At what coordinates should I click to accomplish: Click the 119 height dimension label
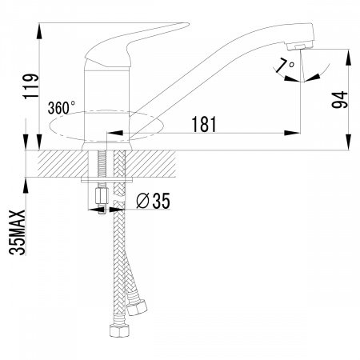[x=31, y=86]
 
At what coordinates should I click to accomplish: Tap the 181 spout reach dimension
[x=204, y=124]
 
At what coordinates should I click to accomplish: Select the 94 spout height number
[x=339, y=100]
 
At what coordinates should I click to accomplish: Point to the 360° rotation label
[x=62, y=108]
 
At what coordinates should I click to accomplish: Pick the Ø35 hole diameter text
[x=153, y=201]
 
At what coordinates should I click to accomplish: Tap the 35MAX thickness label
[x=18, y=232]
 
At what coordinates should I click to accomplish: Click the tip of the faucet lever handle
[x=189, y=24]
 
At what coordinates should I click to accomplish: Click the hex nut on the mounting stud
[x=102, y=196]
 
